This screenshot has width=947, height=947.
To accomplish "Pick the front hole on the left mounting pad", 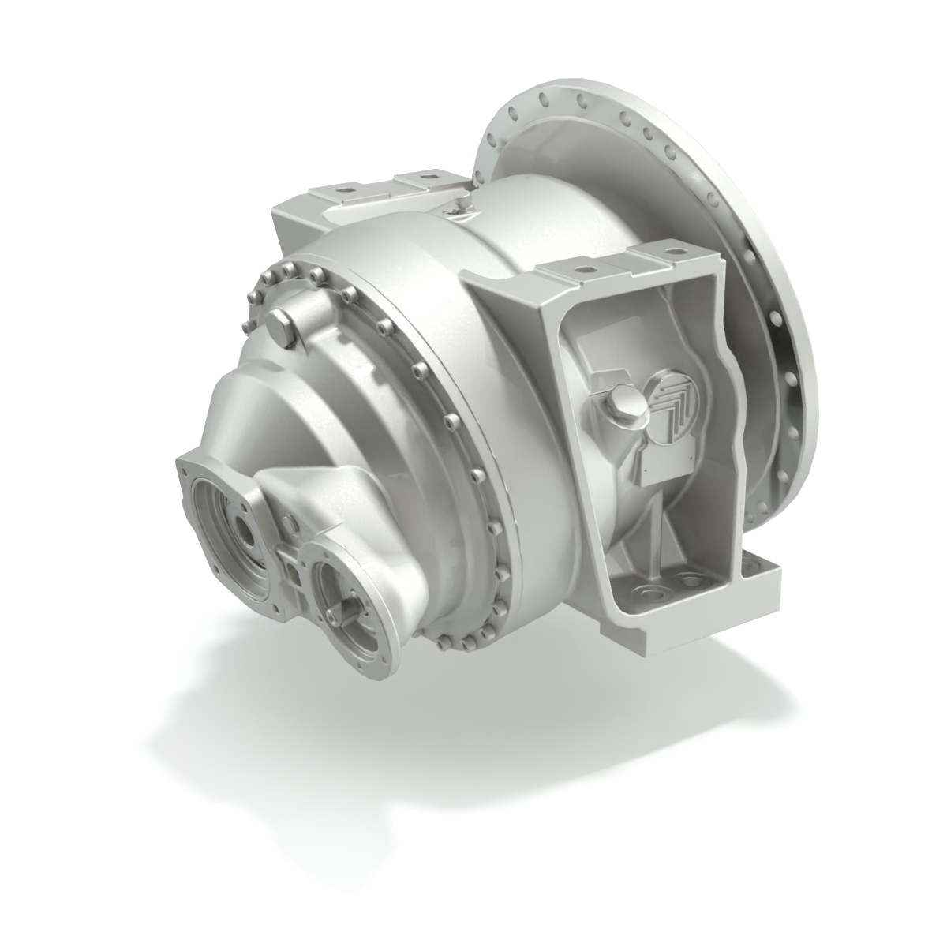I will tap(344, 189).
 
